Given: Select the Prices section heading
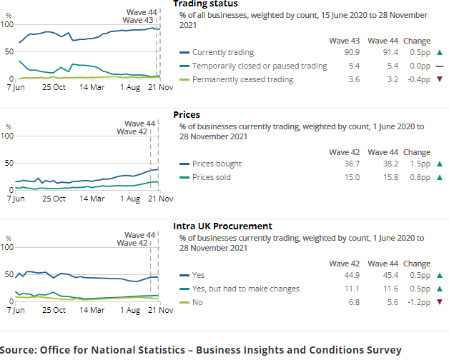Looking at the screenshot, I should tap(187, 114).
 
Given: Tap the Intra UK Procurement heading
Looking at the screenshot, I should tap(222, 226).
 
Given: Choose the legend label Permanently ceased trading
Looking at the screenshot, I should tap(242, 79).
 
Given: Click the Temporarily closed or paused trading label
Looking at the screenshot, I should tap(260, 66).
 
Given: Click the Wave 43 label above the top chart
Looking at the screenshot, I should tap(138, 20).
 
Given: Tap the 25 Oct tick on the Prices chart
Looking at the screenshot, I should tap(54, 199).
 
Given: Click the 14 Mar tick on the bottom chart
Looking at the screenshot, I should tap(94, 311).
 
